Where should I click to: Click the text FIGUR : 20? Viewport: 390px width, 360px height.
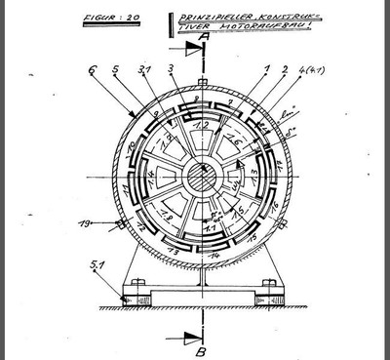113,18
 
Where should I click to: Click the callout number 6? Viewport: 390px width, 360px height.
92,71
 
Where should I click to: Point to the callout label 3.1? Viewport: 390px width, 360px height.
144,71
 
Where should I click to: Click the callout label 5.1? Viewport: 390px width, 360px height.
94,264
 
